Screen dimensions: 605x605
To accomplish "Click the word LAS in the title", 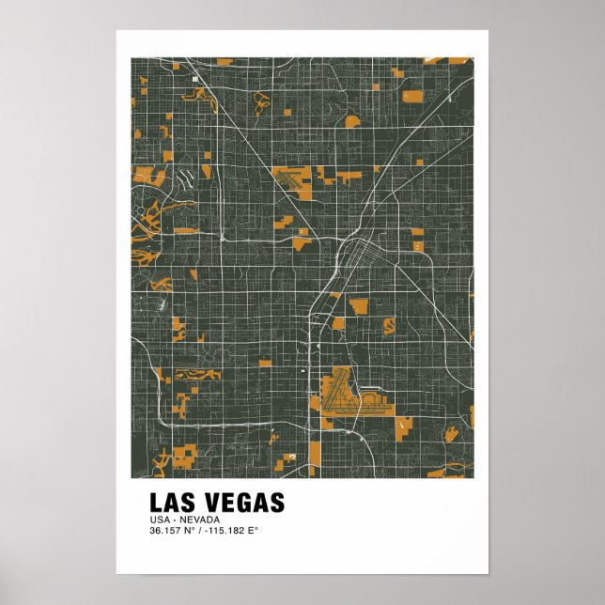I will coord(171,504).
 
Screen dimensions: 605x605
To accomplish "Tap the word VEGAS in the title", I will coord(240,504).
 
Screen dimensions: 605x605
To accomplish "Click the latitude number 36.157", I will coord(166,531).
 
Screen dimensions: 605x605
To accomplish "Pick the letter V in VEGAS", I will coord(207,504).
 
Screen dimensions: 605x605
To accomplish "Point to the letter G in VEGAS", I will coord(240,504).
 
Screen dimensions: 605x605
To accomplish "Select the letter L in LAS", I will coord(155,504).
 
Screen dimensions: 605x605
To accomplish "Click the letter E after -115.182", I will coord(253,531).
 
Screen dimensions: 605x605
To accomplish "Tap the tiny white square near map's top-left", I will coord(195,79).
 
